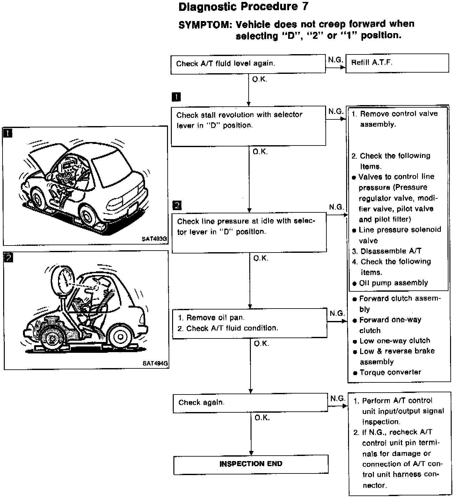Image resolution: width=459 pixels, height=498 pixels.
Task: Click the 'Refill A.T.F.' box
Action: click(397, 63)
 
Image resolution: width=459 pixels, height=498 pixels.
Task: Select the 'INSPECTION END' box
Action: click(251, 464)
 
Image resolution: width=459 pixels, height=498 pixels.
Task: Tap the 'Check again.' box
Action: click(250, 403)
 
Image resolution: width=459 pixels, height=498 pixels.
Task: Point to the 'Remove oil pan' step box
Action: click(249, 323)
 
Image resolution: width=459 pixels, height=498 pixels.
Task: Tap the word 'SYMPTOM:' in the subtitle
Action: click(204, 25)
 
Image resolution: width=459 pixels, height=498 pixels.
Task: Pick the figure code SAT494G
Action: click(155, 363)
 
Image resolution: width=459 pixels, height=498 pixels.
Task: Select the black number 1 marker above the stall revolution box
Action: click(176, 97)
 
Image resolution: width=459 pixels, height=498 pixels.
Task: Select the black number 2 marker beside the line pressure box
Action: click(177, 205)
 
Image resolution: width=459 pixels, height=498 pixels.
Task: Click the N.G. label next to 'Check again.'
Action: click(338, 398)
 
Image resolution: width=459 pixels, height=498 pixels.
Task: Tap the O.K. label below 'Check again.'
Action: click(262, 418)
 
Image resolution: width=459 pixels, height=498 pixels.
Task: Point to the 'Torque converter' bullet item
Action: click(390, 372)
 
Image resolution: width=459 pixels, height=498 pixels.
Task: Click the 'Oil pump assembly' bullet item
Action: click(393, 283)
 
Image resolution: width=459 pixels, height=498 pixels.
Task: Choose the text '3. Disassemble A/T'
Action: click(387, 251)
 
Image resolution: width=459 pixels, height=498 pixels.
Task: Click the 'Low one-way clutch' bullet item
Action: click(394, 341)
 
